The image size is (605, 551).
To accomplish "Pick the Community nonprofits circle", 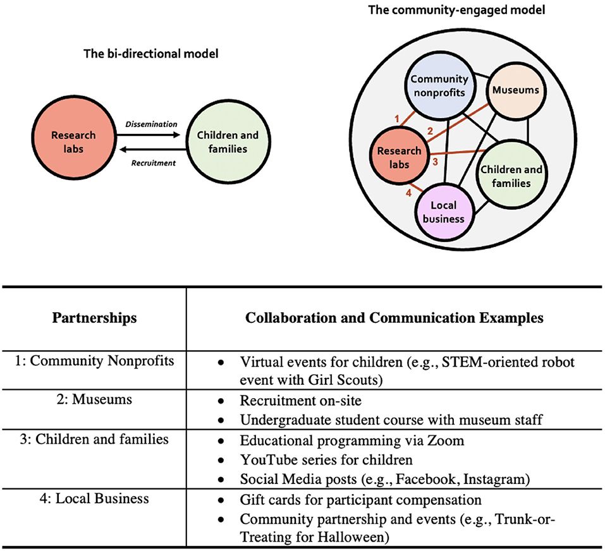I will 439,87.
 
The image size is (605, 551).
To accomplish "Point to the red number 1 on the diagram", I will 396,118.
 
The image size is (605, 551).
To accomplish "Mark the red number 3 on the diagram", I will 435,162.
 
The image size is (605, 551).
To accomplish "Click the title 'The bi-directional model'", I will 151,54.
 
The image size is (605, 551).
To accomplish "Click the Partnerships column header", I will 94,318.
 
